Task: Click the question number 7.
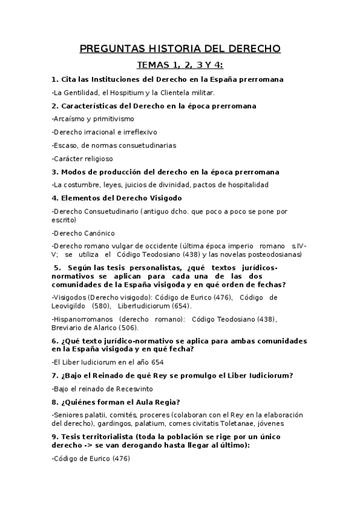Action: [x=55, y=376]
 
